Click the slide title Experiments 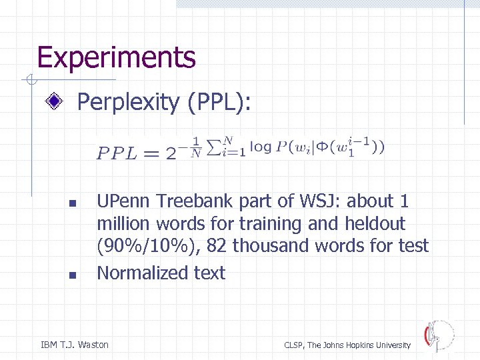pos(116,57)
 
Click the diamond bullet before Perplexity pos(58,103)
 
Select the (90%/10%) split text pos(147,246)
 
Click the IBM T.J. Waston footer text pos(75,345)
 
